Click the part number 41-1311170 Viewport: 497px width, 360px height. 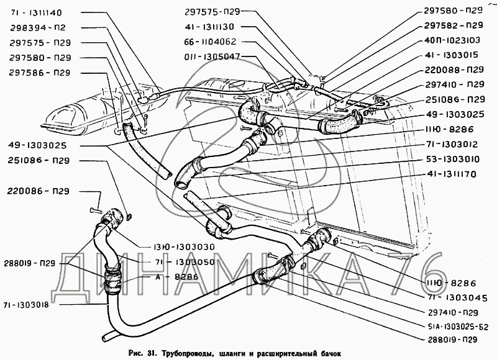(455, 174)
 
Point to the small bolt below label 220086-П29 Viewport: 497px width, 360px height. (93, 210)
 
